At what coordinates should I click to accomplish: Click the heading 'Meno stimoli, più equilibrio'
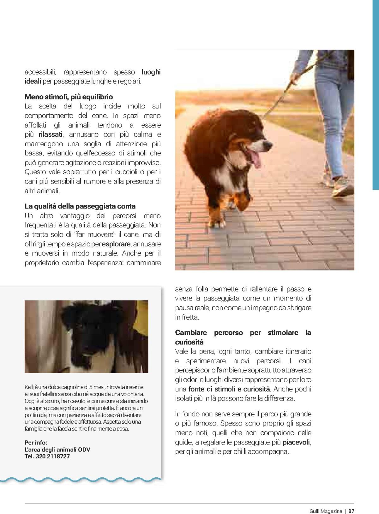(69, 97)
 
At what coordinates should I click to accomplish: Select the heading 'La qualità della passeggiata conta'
(80, 206)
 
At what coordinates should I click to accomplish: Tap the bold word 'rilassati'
(51, 135)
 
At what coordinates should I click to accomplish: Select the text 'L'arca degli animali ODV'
(57, 450)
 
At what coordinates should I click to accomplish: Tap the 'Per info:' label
(35, 443)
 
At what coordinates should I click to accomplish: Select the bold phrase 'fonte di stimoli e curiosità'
(229, 389)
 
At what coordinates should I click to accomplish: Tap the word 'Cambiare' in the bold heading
(191, 333)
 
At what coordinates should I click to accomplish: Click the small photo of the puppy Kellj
(86, 336)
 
